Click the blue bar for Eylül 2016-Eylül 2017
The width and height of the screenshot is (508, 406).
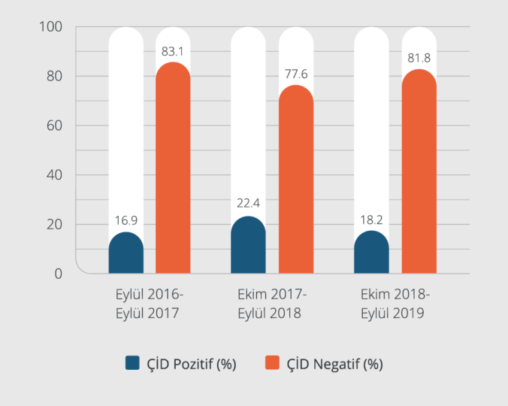(126, 254)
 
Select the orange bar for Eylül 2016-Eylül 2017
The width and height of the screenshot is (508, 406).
(173, 169)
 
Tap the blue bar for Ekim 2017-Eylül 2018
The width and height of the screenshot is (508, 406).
(249, 246)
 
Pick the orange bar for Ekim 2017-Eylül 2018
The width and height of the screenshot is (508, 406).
(296, 180)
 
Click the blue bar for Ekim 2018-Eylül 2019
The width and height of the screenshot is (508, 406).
(371, 253)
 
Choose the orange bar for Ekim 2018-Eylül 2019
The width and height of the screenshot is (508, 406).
(419, 172)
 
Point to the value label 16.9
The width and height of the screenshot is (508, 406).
(126, 221)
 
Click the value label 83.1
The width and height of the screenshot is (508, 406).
(173, 52)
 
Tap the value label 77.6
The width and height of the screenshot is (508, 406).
(296, 74)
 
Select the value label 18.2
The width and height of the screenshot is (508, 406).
(371, 220)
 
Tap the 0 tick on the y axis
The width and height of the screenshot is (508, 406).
(58, 274)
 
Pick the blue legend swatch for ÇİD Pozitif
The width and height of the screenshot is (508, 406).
(133, 364)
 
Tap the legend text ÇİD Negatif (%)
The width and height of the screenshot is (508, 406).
(335, 365)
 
